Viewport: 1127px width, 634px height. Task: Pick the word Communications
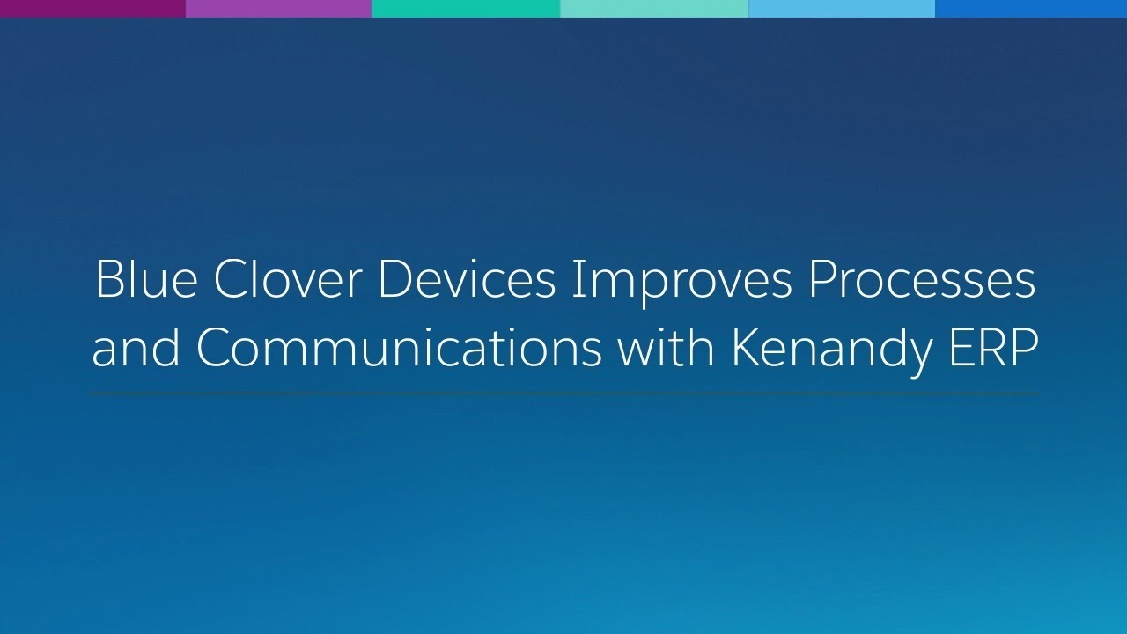[x=399, y=349]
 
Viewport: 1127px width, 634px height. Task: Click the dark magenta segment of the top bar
[x=92, y=9]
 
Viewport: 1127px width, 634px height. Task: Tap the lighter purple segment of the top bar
[x=279, y=9]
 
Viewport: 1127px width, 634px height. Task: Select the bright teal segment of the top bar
[x=466, y=9]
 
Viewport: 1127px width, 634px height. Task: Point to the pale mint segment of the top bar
[x=653, y=9]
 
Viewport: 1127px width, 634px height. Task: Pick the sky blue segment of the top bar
[x=841, y=9]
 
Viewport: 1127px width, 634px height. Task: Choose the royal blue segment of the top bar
[x=1031, y=9]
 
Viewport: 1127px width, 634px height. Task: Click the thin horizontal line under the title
[x=563, y=394]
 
